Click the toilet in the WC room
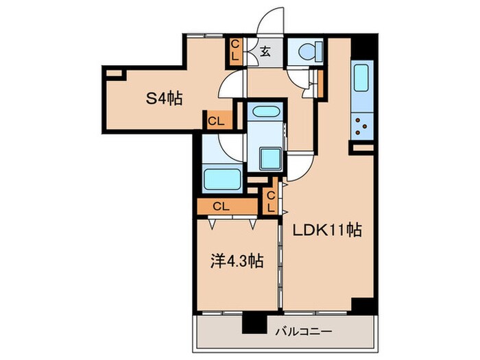point(310,51)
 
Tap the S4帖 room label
point(164,99)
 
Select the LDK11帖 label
point(327,230)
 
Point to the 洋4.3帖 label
point(237,261)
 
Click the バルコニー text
point(303,331)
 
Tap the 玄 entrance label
point(265,51)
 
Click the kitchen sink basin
point(361,77)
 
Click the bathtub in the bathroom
point(223,180)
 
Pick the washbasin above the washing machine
point(266,111)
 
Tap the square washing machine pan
point(270,158)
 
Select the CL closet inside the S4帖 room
point(217,121)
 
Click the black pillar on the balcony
point(254,323)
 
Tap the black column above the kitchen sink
point(363,47)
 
